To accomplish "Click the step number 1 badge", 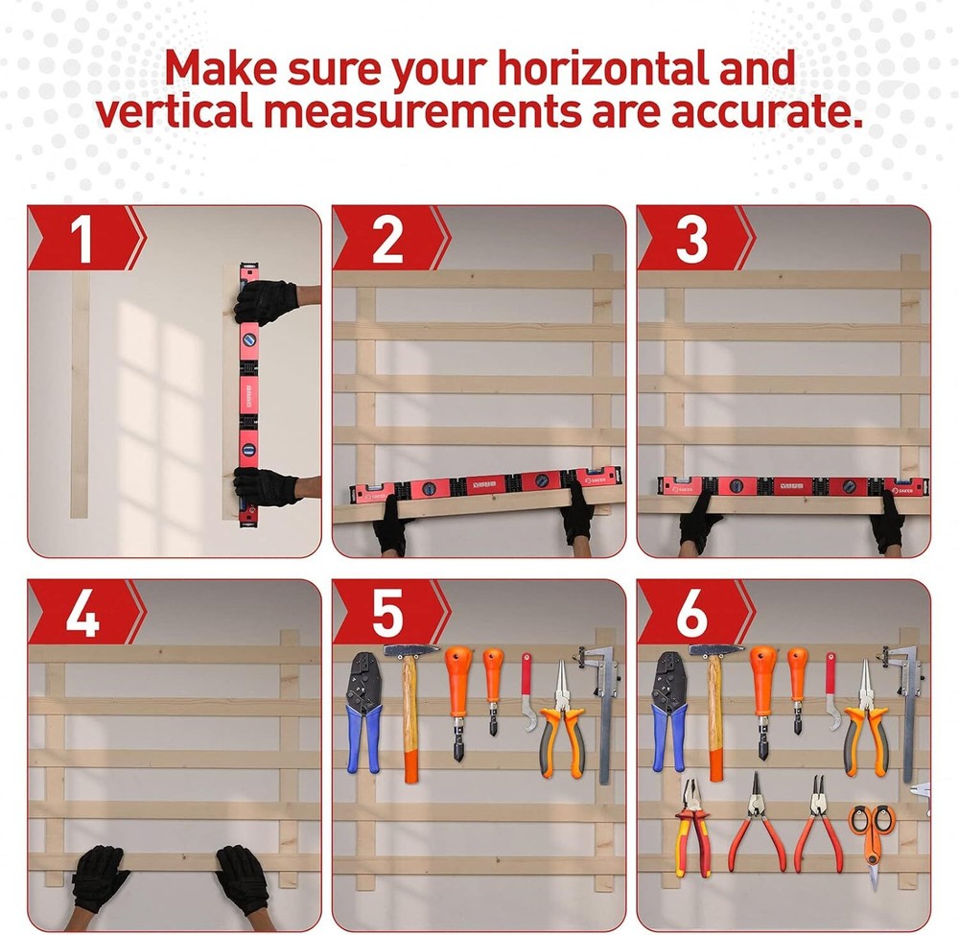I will [x=82, y=239].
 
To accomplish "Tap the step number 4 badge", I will [x=82, y=614].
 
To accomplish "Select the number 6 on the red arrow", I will [x=691, y=614].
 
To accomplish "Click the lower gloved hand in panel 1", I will [x=266, y=486].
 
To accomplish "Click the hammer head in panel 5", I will [x=411, y=650].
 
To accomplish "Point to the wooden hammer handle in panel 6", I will [x=715, y=719].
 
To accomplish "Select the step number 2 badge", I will [x=387, y=239].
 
